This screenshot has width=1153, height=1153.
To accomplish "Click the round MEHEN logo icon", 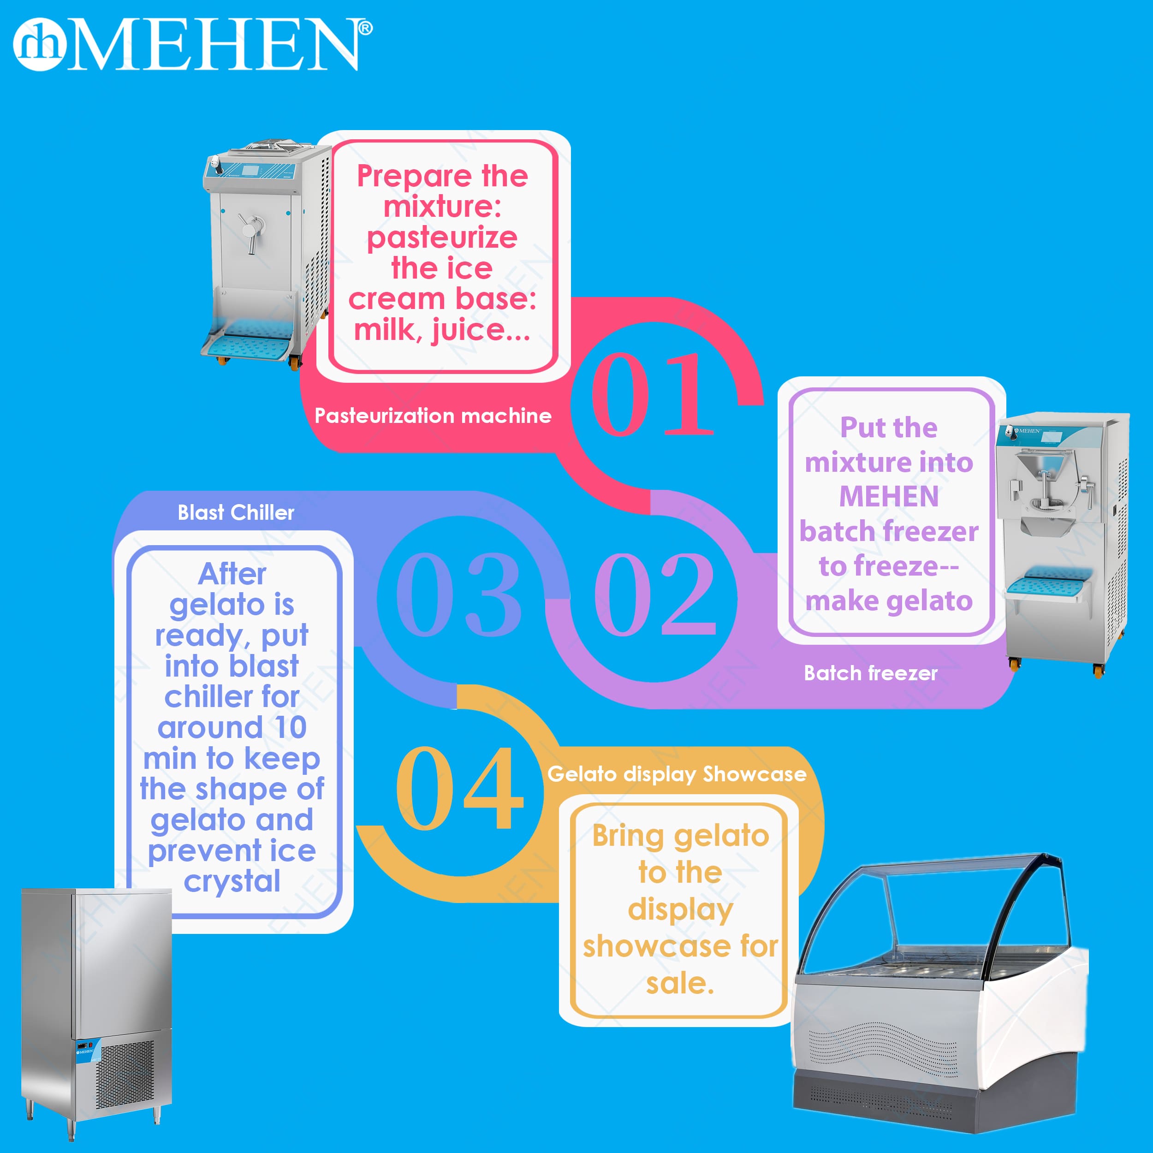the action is pos(39,45).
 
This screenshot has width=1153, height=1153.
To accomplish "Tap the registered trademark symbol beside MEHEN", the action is pos(365,28).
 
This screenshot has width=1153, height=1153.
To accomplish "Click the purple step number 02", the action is pos(655,594).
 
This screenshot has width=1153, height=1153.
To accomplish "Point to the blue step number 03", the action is pos(458,594).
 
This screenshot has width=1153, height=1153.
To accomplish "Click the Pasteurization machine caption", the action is pos(433,416).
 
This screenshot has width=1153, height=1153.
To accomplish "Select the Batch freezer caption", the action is pos(871,673).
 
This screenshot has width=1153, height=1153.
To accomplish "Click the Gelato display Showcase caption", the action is pos(677,774).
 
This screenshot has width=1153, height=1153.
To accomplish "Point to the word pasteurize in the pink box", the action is pos(442,238).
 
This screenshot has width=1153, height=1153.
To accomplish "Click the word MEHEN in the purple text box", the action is pos(889,497).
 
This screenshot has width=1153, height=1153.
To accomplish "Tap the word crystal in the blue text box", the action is pos(232,881).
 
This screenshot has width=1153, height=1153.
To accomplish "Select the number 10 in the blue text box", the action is pos(291,727).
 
